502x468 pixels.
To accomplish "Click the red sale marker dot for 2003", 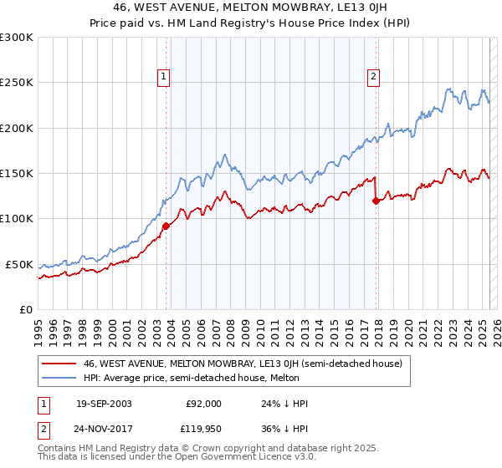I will (166, 226).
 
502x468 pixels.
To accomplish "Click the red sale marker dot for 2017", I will (376, 201).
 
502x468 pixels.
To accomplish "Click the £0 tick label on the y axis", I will (25, 309).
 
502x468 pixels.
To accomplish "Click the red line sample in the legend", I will (59, 364).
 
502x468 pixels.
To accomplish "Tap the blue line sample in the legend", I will (59, 379).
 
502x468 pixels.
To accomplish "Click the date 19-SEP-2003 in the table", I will (103, 404).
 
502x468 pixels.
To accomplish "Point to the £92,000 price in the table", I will (203, 404).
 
